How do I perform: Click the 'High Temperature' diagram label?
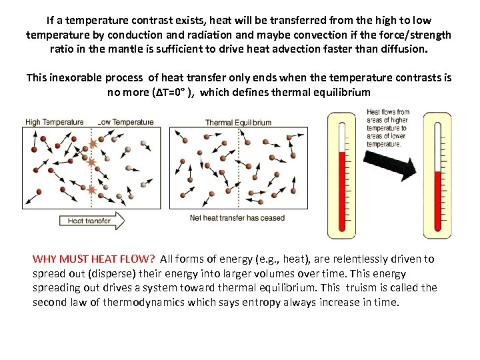[x=55, y=122]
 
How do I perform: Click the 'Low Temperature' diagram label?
[x=127, y=122]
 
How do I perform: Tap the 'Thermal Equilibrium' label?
[x=238, y=123]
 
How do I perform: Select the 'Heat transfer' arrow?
[x=92, y=220]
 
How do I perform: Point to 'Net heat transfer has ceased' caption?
[x=237, y=218]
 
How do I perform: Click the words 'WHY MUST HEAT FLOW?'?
[x=94, y=259]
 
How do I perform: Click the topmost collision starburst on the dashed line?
[x=93, y=144]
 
